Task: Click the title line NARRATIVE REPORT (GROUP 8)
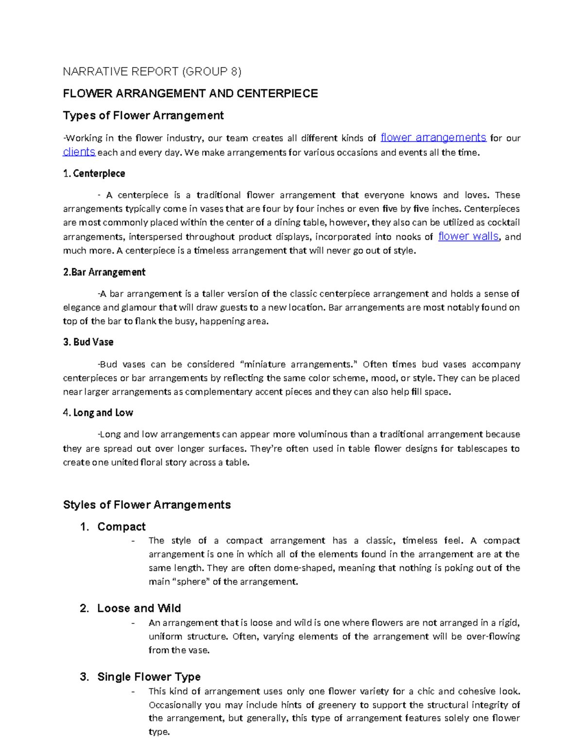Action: [x=152, y=72]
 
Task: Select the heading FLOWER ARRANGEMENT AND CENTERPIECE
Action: [x=190, y=93]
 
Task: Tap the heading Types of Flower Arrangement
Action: [x=143, y=116]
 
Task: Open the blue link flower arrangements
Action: [x=433, y=137]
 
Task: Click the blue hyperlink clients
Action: [x=79, y=152]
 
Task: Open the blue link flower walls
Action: [x=468, y=236]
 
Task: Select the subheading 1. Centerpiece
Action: [x=94, y=174]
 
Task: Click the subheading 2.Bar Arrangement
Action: [x=104, y=272]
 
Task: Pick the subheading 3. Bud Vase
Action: [x=88, y=342]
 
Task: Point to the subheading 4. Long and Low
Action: [x=98, y=413]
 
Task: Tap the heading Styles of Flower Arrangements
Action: [x=147, y=505]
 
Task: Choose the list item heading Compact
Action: [x=121, y=527]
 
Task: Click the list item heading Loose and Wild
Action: [x=139, y=608]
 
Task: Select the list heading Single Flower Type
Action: [x=149, y=677]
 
